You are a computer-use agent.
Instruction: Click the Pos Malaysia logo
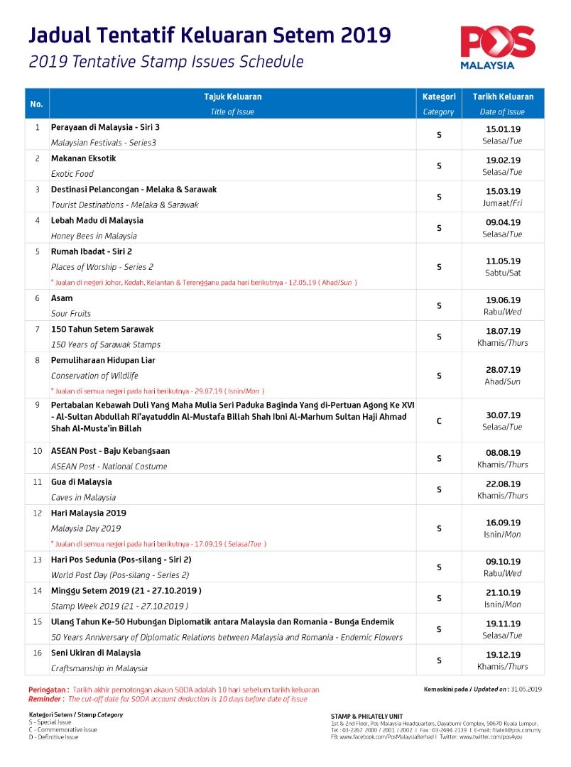[x=497, y=47]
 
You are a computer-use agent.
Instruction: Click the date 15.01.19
[x=503, y=129]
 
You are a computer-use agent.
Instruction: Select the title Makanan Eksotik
[x=83, y=158]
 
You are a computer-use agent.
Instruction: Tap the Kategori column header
[x=438, y=97]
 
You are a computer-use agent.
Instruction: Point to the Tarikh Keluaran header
[x=503, y=97]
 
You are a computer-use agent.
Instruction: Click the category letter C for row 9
[x=439, y=421]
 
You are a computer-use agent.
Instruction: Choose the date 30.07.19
[x=503, y=415]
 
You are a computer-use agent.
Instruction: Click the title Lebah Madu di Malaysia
[x=97, y=221]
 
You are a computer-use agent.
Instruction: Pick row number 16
[x=37, y=653]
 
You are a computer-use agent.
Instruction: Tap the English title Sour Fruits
[x=71, y=313]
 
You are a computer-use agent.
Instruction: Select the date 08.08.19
[x=503, y=452]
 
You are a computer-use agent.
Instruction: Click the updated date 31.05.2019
[x=526, y=689]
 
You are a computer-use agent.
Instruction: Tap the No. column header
[x=37, y=104]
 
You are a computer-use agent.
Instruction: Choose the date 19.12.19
[x=503, y=655]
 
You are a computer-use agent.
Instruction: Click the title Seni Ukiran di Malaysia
[x=96, y=653]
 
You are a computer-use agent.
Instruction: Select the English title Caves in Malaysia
[x=83, y=498]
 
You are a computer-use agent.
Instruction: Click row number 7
[x=37, y=330]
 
